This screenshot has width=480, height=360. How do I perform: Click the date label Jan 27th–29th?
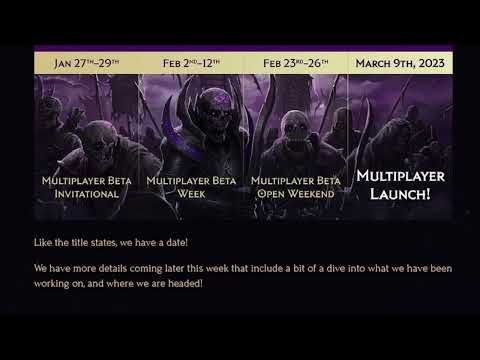tap(86, 62)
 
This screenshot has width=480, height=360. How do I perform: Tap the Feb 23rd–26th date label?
tap(295, 62)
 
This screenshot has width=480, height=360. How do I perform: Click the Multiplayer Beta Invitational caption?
tap(86, 187)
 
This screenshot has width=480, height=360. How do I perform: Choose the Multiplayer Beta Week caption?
tap(191, 187)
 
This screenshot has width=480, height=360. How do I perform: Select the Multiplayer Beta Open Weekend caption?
tap(295, 187)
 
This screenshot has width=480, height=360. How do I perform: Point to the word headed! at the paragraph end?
tap(190, 283)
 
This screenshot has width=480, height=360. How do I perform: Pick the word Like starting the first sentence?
tap(44, 242)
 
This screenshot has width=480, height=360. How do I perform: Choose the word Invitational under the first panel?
tap(86, 194)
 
